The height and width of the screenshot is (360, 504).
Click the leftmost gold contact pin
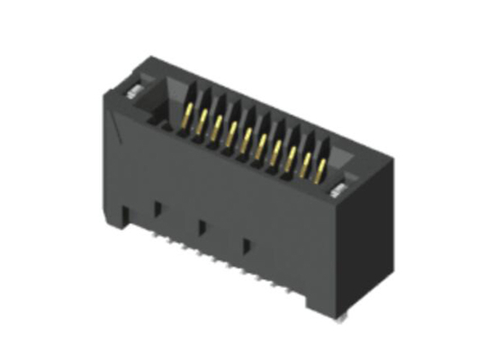coord(188,114)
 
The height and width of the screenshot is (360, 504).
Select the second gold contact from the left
coord(203,120)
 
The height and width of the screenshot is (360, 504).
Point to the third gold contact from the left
coord(218,126)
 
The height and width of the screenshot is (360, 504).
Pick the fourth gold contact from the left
coord(232,132)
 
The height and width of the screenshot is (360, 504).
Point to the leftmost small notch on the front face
coord(157,209)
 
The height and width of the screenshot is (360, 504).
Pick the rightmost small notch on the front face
coord(246,244)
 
